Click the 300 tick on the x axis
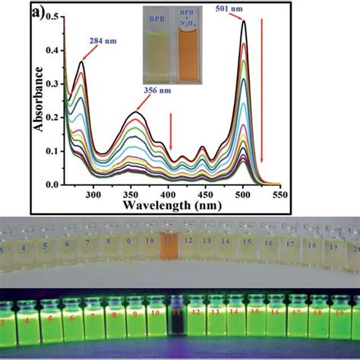(x=93, y=194)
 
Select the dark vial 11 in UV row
(x=177, y=331)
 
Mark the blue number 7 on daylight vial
(x=88, y=246)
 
